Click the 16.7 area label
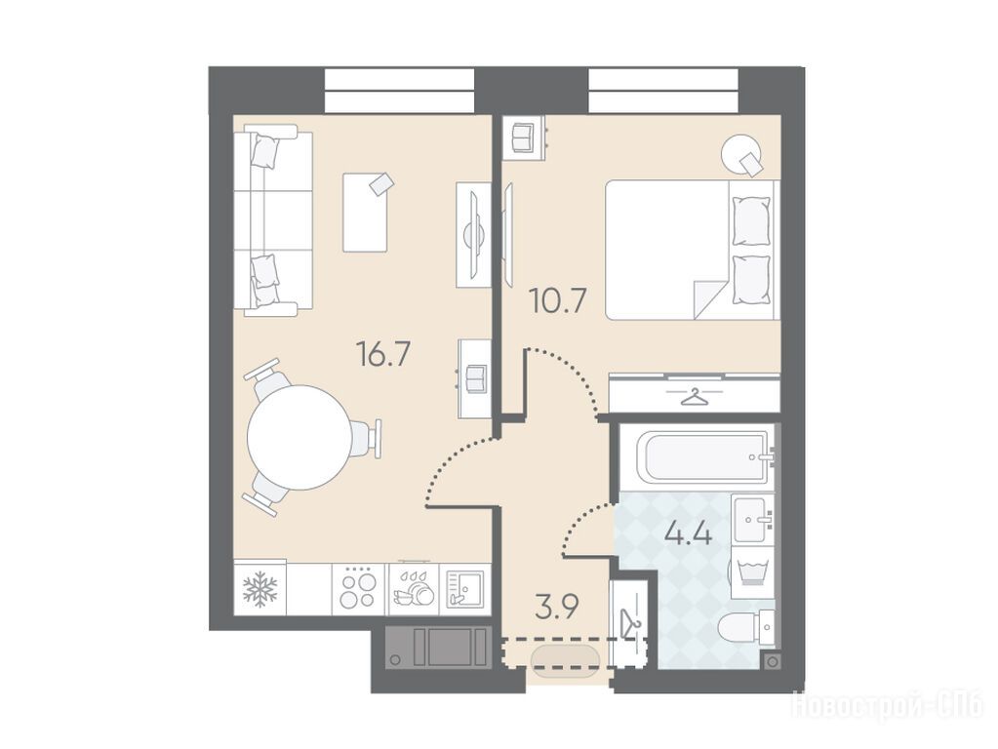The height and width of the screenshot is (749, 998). coord(383,355)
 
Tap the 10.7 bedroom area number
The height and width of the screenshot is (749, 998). coord(558,301)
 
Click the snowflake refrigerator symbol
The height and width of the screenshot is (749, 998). coord(259,589)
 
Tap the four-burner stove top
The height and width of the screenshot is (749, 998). coord(360,589)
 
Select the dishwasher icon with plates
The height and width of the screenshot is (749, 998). coord(414,589)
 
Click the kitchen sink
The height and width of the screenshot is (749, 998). coord(465,589)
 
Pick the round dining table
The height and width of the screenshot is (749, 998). coord(299,437)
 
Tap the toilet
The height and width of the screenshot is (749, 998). coord(745,628)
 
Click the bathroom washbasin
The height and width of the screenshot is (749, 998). coord(753,519)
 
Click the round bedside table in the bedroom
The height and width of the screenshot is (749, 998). coord(741,153)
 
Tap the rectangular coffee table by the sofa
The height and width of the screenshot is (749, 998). coord(365,212)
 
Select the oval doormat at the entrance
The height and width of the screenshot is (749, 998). coord(565,662)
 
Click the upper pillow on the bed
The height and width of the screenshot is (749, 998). coord(752,220)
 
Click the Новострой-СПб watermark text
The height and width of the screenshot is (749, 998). coord(887,706)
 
